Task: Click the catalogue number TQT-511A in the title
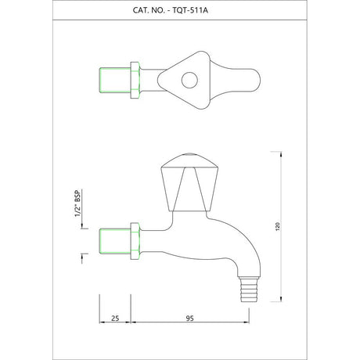[x=190, y=10]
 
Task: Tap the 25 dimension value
[x=115, y=319]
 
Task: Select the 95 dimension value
[x=190, y=319]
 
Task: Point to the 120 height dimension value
[x=278, y=226]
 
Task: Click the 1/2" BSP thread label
[x=78, y=203]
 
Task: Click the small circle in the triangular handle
[x=189, y=80]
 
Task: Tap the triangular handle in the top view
[x=184, y=80]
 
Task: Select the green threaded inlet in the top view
[x=115, y=80]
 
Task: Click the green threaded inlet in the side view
[x=115, y=241]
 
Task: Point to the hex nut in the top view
[x=135, y=80]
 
